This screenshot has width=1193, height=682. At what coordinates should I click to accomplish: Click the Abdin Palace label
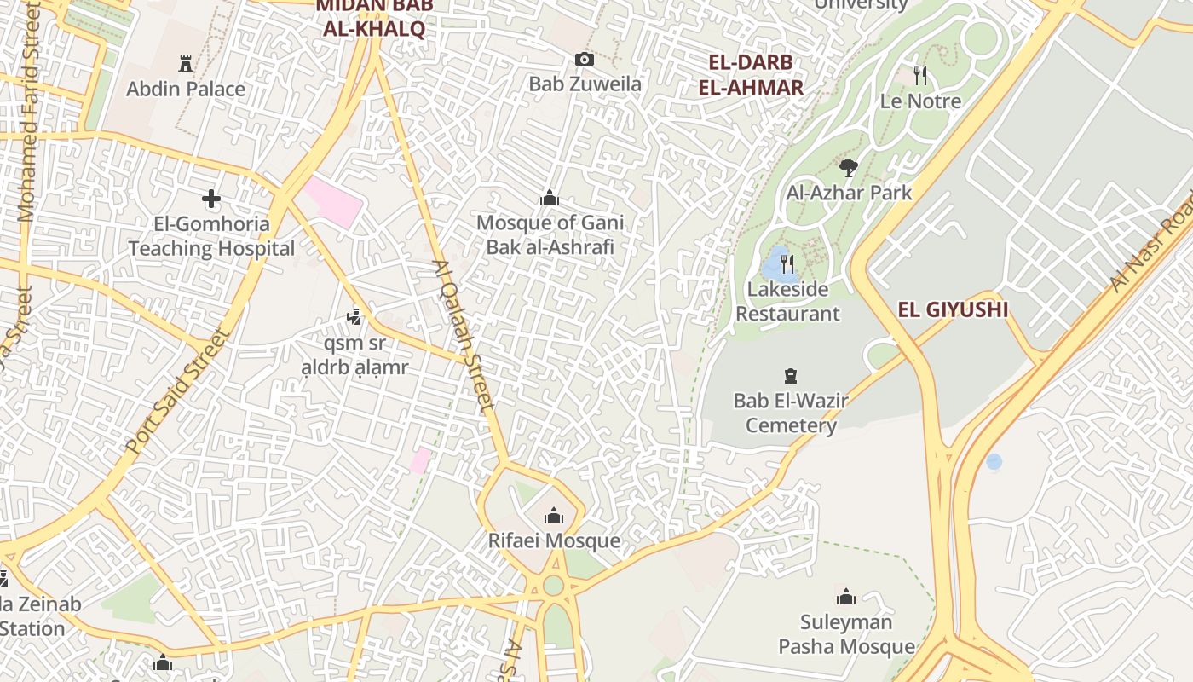[186, 89]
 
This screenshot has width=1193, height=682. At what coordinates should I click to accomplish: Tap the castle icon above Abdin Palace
[186, 63]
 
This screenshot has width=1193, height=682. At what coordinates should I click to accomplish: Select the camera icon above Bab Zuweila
[584, 59]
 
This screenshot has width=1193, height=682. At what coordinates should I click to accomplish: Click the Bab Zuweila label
[585, 84]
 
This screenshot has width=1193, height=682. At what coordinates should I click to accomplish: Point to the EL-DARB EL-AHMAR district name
[751, 75]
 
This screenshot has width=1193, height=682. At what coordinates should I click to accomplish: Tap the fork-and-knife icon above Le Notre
[920, 76]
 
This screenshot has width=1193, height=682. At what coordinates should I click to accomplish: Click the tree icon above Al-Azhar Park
[848, 167]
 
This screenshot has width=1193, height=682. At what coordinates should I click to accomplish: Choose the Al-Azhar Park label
[849, 193]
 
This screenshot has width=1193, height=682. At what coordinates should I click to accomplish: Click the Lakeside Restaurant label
[787, 301]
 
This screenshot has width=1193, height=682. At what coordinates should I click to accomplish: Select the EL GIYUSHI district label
[953, 309]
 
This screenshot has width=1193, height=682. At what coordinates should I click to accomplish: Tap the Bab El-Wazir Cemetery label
[791, 413]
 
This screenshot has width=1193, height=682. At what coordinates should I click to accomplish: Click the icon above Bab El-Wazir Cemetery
[791, 375]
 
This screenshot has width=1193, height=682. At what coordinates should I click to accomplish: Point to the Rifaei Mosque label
[554, 541]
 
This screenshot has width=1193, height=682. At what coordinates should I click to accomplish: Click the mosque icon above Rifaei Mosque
[554, 516]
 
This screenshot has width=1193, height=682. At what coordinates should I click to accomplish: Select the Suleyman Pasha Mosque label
[846, 634]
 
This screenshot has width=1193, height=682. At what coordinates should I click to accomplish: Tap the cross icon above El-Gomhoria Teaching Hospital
[211, 199]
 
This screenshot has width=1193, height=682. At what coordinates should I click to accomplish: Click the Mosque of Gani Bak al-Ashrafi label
[550, 234]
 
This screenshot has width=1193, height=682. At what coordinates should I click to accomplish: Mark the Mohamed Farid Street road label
[29, 111]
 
